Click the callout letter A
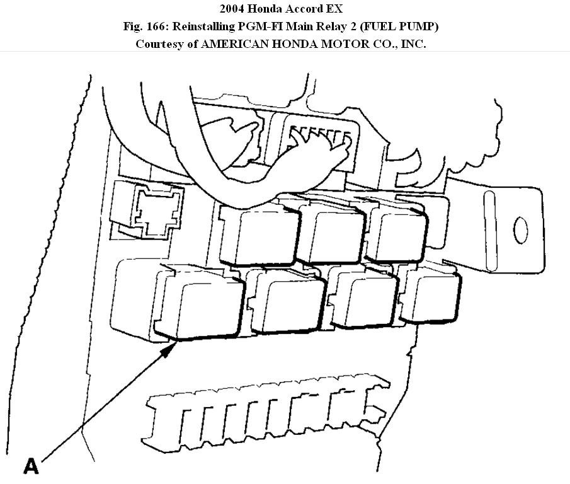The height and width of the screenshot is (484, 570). [x=31, y=466]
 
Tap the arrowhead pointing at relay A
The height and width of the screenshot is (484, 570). [x=169, y=350]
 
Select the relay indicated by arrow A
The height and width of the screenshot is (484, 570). [x=199, y=302]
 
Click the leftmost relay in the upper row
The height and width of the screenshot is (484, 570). [x=259, y=233]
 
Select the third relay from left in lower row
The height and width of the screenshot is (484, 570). [x=363, y=296]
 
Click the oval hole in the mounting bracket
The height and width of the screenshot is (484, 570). [x=521, y=231]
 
